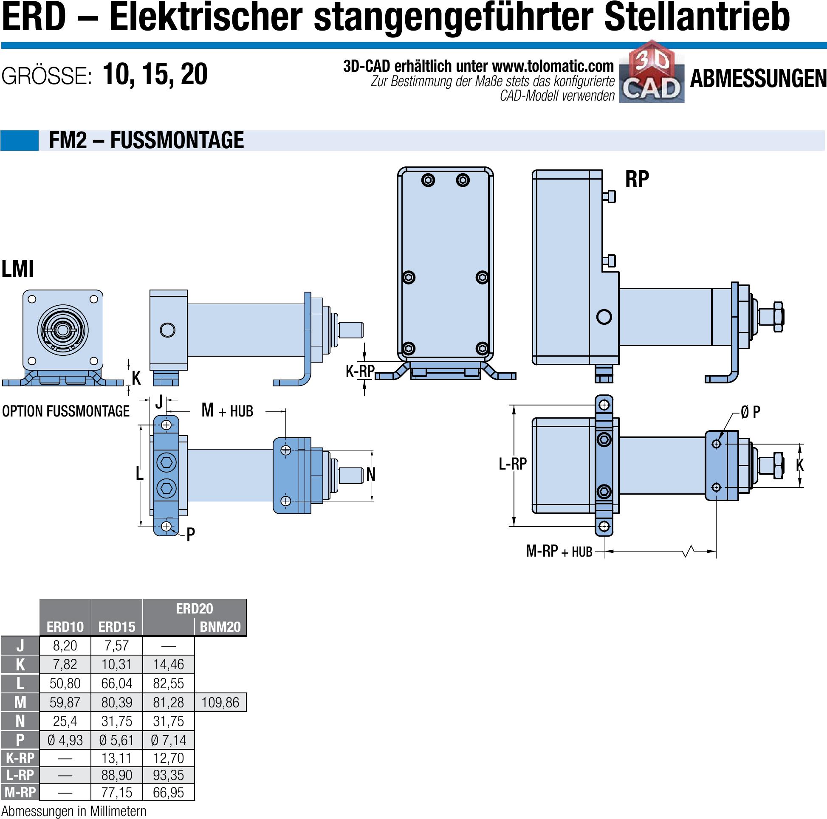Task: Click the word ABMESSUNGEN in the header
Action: coord(758,79)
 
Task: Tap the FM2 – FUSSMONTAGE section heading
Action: coord(147,141)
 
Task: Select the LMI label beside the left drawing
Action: coord(17,269)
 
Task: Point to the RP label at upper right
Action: coord(637,179)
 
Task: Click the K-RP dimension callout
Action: coord(360,371)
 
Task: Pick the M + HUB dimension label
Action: coord(227,411)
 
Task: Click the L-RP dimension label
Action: coord(513,463)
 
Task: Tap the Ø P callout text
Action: coord(751,412)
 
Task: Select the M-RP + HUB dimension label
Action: coord(559,551)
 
